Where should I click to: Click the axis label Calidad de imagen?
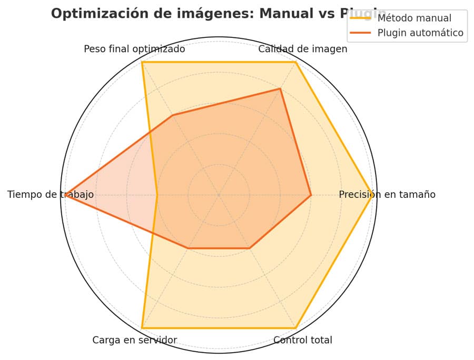coord(303,49)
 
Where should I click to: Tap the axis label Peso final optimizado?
coord(134,49)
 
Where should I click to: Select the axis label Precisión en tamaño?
coord(387,195)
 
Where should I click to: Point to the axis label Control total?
coord(303,340)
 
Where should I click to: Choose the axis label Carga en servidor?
coord(134,340)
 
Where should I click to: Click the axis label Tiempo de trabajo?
coord(51,195)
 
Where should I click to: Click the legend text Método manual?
coord(414,18)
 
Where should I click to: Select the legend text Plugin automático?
coord(420,33)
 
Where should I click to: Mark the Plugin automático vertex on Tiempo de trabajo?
coord(65,195)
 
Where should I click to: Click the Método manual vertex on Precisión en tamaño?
coord(372,195)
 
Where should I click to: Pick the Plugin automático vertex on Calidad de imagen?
coord(280,89)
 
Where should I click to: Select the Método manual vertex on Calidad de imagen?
coord(295,62)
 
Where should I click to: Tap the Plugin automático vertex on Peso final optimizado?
coord(173,115)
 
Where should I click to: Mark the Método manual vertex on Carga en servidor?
coord(142,328)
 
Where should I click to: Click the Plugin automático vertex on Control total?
coord(250,248)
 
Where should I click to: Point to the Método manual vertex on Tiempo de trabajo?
coord(157,195)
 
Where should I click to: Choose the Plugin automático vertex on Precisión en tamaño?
coord(311,195)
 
